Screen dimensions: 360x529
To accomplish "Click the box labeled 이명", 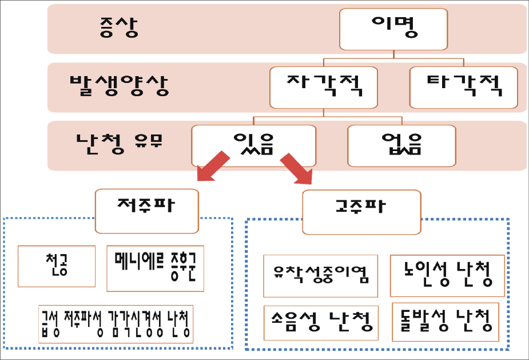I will pos(393,29).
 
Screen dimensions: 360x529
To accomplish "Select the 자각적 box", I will pos(324,88).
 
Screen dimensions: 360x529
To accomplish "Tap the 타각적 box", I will pos(464,88).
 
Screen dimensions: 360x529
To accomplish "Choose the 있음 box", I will pos(253,145).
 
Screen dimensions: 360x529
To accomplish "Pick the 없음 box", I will pos(401,145).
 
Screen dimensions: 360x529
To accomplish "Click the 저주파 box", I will pos(146,211).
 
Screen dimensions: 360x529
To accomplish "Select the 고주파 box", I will pos(361,212).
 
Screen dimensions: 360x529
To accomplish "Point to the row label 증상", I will pos(118,29).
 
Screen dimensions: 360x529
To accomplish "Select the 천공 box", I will pos(57,266).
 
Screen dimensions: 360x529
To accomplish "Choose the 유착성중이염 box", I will pos(320,276).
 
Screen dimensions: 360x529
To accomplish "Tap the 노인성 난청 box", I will pos(447,275).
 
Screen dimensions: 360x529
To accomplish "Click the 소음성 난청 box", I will pos(320,322).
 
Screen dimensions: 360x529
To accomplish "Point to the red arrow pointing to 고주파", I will pos(296,167).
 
